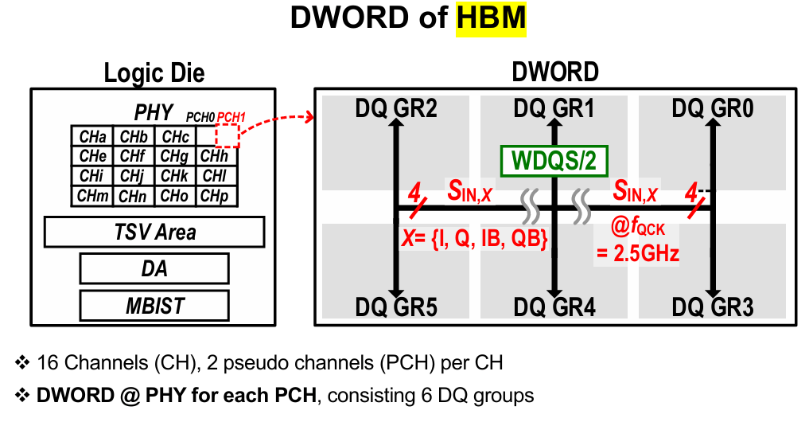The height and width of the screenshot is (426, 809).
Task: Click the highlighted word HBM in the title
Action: pos(491,18)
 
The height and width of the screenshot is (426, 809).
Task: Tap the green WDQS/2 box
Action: pos(554,161)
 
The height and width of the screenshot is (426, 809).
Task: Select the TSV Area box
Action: pos(154,232)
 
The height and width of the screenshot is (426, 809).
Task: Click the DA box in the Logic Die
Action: pos(154,268)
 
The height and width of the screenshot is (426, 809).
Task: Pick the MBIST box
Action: pos(154,306)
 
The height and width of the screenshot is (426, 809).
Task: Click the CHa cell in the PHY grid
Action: pos(92,136)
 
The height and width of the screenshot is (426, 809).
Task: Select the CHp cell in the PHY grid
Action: pos(217,196)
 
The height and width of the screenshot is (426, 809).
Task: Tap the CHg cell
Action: pos(176,156)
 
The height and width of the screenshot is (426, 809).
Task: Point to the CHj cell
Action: pos(134,176)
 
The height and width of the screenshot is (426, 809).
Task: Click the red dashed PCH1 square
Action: pos(228,136)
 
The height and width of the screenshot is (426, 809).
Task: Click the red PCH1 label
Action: pos(231,117)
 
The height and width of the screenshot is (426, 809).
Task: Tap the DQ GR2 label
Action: pos(396,108)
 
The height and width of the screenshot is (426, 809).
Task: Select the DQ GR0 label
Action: pos(713,108)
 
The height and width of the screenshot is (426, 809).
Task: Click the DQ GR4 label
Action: pos(554,307)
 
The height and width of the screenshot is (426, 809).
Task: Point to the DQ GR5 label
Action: pos(396,307)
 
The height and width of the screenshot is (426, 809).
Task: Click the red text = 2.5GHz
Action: pos(638,253)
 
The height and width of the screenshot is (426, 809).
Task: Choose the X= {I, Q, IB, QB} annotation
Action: pos(474,239)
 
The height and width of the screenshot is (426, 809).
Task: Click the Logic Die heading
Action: pos(154,72)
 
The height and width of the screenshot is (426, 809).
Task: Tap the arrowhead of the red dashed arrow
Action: pos(309,117)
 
